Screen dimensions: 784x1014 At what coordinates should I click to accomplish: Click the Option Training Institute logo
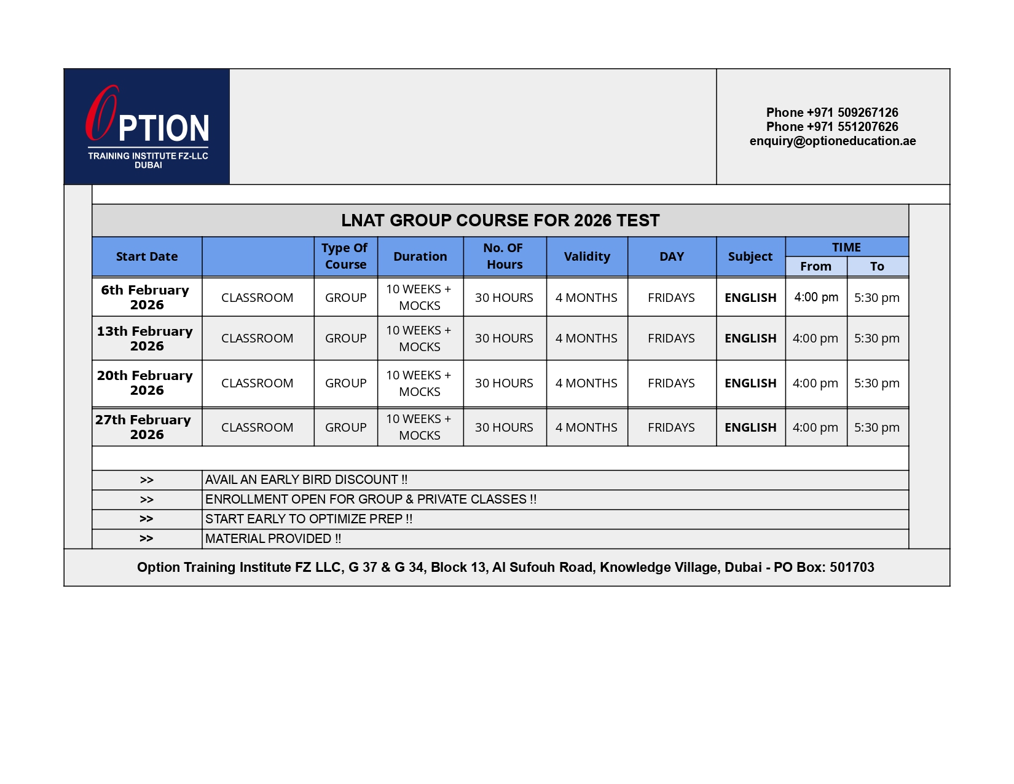click(147, 127)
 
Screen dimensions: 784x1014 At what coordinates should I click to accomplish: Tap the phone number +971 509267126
click(832, 113)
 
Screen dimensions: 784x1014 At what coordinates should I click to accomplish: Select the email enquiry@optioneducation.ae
click(832, 141)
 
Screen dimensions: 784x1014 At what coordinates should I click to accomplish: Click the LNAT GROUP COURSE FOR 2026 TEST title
click(500, 220)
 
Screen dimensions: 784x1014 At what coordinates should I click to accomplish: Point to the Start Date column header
click(147, 256)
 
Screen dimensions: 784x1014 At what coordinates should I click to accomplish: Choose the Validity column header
click(587, 256)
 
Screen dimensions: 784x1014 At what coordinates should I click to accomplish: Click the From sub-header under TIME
click(816, 266)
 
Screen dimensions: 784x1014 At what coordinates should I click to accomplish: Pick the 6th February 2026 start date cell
click(146, 297)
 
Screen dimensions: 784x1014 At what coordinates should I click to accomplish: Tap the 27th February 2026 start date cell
click(146, 427)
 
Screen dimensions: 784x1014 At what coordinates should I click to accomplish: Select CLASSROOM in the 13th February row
click(257, 338)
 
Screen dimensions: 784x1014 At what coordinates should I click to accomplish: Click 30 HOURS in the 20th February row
click(504, 383)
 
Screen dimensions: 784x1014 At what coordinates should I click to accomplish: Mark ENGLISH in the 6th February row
click(750, 298)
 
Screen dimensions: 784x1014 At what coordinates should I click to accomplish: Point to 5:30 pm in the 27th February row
click(876, 427)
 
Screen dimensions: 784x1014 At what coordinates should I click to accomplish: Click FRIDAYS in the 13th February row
click(671, 338)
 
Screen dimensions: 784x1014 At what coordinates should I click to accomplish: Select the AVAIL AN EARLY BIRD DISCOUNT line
click(306, 480)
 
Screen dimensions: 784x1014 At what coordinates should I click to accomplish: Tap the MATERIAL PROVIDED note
click(273, 539)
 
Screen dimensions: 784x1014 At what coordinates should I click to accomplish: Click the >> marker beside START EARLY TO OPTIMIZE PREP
click(146, 519)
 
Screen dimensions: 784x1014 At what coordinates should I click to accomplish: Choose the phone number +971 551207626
click(832, 127)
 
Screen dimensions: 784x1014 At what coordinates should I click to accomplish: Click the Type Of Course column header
click(345, 256)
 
